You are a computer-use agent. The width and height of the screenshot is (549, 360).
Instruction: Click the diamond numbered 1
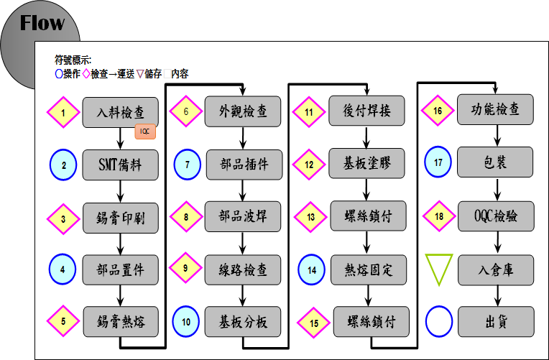[x=63, y=112]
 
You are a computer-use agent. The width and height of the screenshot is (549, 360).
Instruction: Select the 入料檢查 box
[x=120, y=112]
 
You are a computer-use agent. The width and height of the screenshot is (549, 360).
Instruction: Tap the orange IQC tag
[x=145, y=131]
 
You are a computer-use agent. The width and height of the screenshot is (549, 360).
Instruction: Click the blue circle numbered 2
[x=63, y=165]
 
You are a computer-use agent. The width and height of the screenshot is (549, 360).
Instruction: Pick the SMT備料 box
[x=120, y=165]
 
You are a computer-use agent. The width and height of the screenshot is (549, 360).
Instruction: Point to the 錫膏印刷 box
[x=121, y=218]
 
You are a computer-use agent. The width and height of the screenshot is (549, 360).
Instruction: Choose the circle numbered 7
[x=188, y=165]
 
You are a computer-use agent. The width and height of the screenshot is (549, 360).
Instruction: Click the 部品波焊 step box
[x=243, y=216]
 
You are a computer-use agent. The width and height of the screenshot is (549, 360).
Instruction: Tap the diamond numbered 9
[x=185, y=268]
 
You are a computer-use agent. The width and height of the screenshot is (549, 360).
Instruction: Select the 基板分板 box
[x=243, y=322]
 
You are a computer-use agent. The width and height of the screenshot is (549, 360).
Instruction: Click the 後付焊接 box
[x=366, y=111]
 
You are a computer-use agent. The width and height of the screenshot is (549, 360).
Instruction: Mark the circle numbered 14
[x=312, y=269]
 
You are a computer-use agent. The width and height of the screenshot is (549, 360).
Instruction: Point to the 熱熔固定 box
[x=369, y=270]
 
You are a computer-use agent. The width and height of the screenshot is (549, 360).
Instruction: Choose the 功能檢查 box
[x=495, y=109]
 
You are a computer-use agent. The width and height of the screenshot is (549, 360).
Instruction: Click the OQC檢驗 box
[x=496, y=216]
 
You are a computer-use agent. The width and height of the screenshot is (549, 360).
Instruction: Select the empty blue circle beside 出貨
[x=439, y=322]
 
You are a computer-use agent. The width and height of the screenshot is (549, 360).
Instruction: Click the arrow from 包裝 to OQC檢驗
[x=497, y=189]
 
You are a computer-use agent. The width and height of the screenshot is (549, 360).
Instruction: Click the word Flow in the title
[x=42, y=23]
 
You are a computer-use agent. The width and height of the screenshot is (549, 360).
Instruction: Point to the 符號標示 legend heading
[x=73, y=60]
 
